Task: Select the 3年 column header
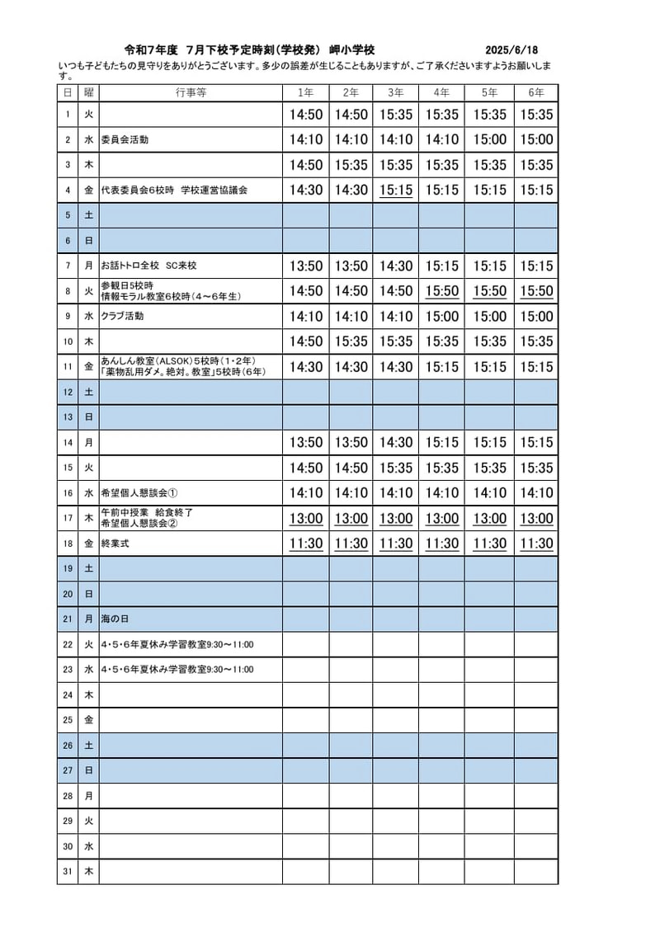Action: click(x=395, y=92)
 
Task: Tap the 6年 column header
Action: click(x=536, y=92)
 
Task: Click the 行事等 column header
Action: click(x=191, y=92)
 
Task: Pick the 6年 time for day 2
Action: click(x=536, y=140)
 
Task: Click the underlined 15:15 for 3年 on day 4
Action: click(x=395, y=191)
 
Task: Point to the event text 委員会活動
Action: click(x=125, y=140)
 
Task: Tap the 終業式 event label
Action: click(x=115, y=544)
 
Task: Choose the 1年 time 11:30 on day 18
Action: click(x=306, y=544)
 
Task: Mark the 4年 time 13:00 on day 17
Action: click(x=441, y=519)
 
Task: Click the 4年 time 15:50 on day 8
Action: click(x=441, y=291)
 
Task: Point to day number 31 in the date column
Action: click(x=68, y=872)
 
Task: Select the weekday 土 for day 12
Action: click(x=88, y=393)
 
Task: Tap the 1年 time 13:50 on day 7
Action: click(x=306, y=266)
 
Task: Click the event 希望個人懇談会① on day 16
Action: click(x=139, y=493)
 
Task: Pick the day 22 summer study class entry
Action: click(x=177, y=645)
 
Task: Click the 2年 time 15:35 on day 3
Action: click(x=351, y=166)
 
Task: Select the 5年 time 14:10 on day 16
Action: click(x=490, y=493)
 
